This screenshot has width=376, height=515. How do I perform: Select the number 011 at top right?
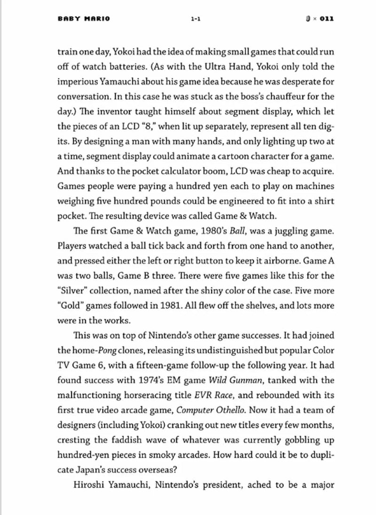[324, 19]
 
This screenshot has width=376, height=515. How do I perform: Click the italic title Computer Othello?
[211, 413]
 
